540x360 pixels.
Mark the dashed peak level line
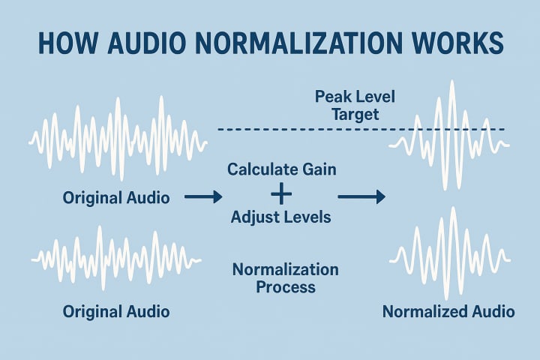click(300, 129)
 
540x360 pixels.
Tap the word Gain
click(319, 169)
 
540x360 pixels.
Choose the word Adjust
click(254, 218)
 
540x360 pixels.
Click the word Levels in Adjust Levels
click(307, 218)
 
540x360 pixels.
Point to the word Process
click(286, 286)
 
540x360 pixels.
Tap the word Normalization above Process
click(286, 269)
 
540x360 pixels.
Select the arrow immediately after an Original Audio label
click(203, 197)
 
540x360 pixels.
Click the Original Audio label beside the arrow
click(116, 198)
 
